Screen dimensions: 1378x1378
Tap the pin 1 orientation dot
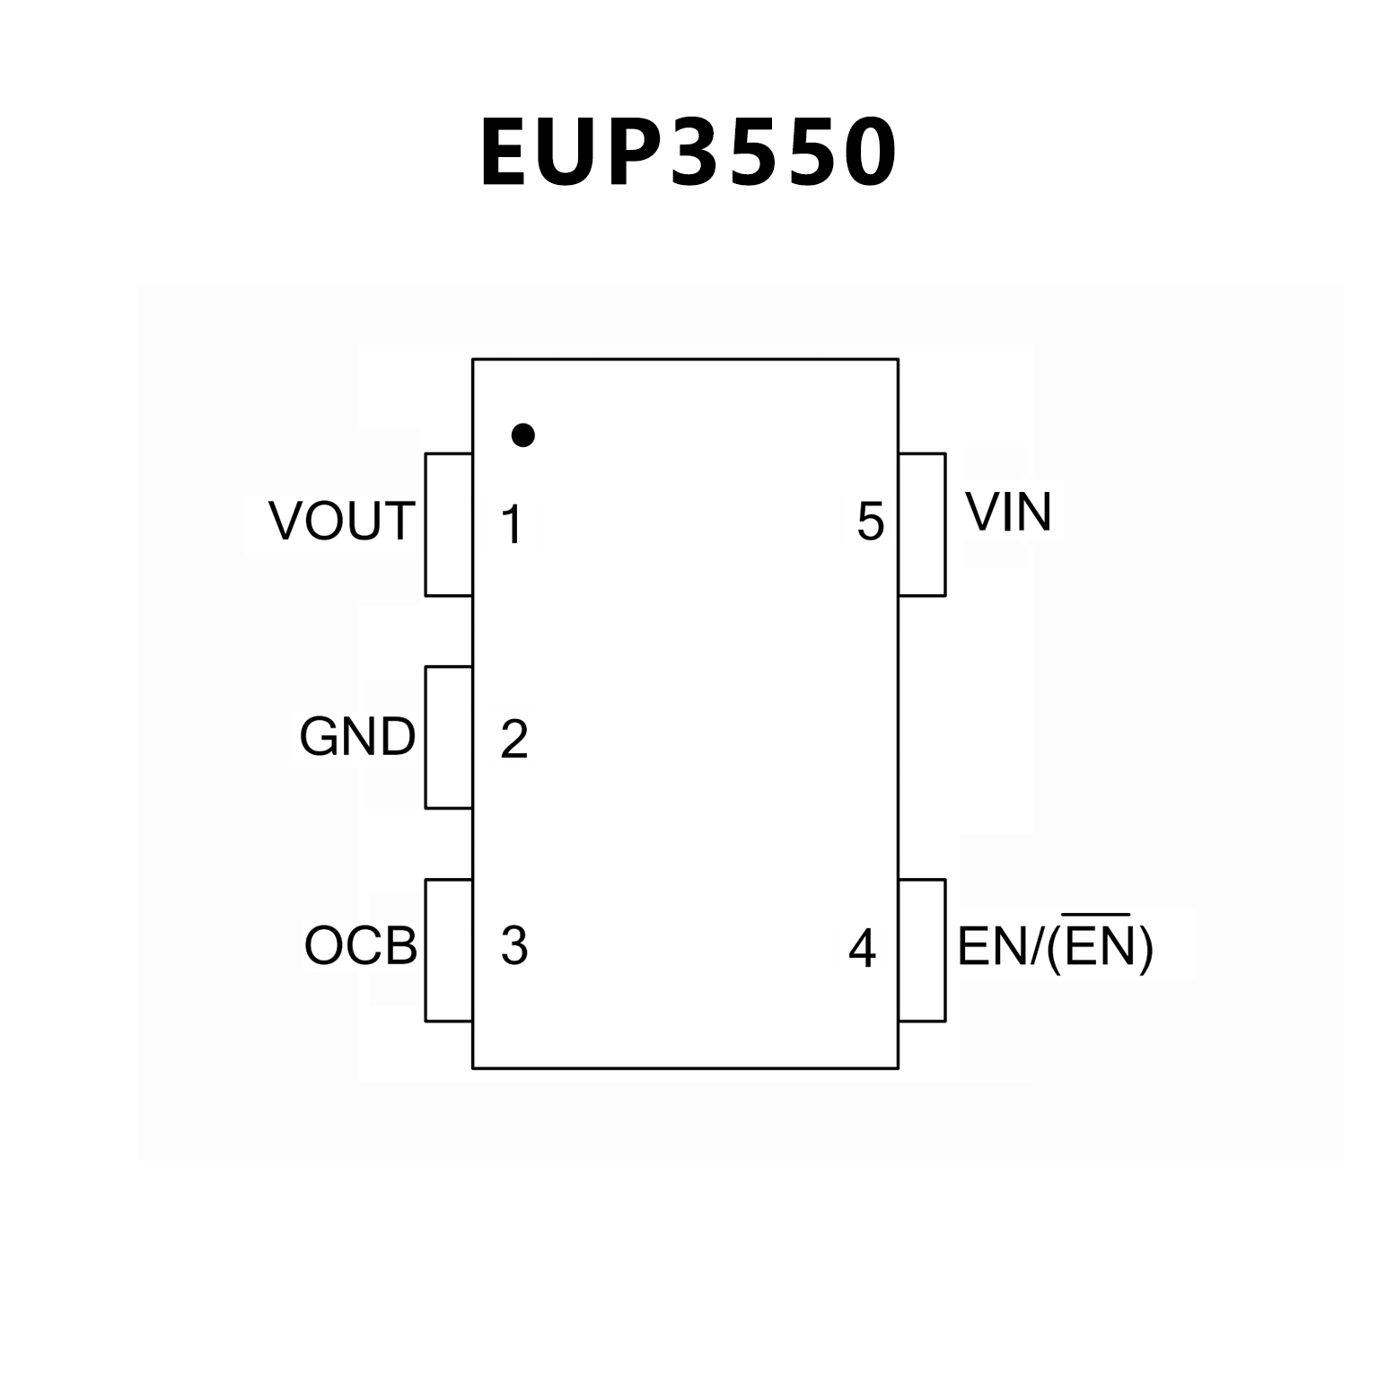[x=522, y=435]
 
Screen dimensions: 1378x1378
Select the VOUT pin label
[x=342, y=522]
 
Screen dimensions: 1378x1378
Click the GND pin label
[x=357, y=737]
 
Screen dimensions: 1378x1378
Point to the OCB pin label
[x=361, y=945]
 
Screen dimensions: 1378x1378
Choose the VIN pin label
[x=1007, y=513]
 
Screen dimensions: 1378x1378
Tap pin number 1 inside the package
[x=513, y=525]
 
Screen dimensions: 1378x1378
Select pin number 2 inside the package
[x=513, y=739]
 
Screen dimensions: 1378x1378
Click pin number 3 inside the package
[x=513, y=945]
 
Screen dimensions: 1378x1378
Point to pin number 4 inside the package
[x=862, y=948]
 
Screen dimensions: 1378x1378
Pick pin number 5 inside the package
[x=870, y=522]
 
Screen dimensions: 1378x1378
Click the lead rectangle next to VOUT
[x=448, y=524]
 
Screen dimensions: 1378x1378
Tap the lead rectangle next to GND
[x=448, y=737]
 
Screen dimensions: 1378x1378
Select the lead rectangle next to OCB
[x=448, y=950]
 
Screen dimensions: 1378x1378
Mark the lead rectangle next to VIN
[x=922, y=524]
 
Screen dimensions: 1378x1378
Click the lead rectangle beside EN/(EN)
[x=922, y=950]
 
